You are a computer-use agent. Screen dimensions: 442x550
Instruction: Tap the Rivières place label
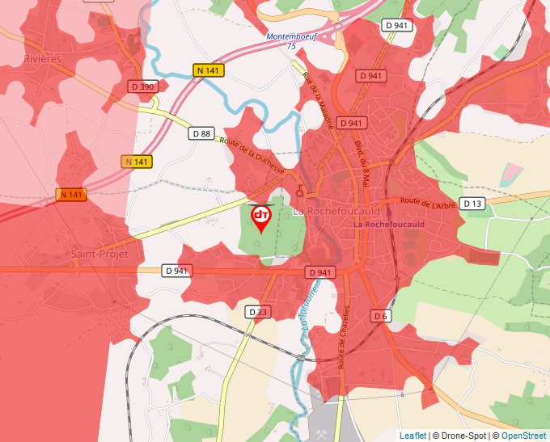click(43, 59)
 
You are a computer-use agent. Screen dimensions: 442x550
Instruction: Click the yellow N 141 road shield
click(209, 71)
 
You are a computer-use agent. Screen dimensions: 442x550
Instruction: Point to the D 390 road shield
click(142, 86)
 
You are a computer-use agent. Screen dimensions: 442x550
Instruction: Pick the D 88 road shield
click(201, 133)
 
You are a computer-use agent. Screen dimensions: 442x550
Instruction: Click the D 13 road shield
click(473, 203)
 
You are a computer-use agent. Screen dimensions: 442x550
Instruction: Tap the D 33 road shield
click(258, 312)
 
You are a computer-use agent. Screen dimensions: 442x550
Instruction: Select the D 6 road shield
click(381, 315)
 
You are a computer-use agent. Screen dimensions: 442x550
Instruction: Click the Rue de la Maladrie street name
click(317, 93)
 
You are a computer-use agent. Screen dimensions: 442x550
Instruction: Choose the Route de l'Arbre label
click(428, 202)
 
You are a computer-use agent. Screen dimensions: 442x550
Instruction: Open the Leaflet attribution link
click(412, 436)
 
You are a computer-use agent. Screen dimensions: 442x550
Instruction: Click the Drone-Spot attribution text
click(460, 436)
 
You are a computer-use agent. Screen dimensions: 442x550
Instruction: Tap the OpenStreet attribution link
click(525, 436)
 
